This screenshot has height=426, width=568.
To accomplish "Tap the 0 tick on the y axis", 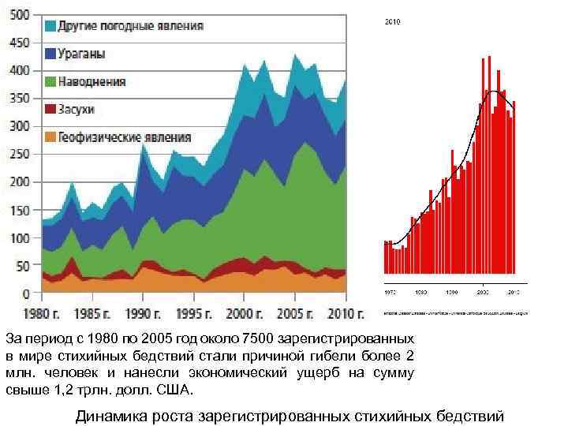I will pos(26,293).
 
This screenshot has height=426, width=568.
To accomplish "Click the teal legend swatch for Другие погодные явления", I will pos(50,26).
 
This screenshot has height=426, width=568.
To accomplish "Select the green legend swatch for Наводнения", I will pos(50,81).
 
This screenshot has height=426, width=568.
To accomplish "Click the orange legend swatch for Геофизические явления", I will pos(50,137).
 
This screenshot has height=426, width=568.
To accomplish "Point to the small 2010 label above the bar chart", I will pos(393,23).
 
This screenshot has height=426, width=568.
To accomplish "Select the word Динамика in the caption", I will pos(110,417).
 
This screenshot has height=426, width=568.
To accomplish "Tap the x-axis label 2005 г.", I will pos(295,313).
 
